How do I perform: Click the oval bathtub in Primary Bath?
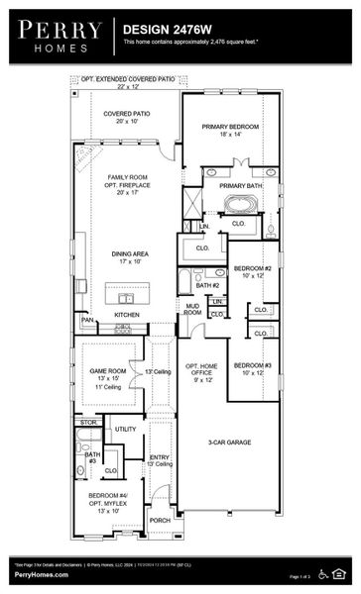tap(241, 205)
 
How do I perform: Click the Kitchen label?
tap(127, 315)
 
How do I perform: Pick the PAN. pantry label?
tap(87, 321)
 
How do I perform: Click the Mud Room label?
tap(193, 310)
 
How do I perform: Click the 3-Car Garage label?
tap(228, 442)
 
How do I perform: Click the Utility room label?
tap(125, 429)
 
